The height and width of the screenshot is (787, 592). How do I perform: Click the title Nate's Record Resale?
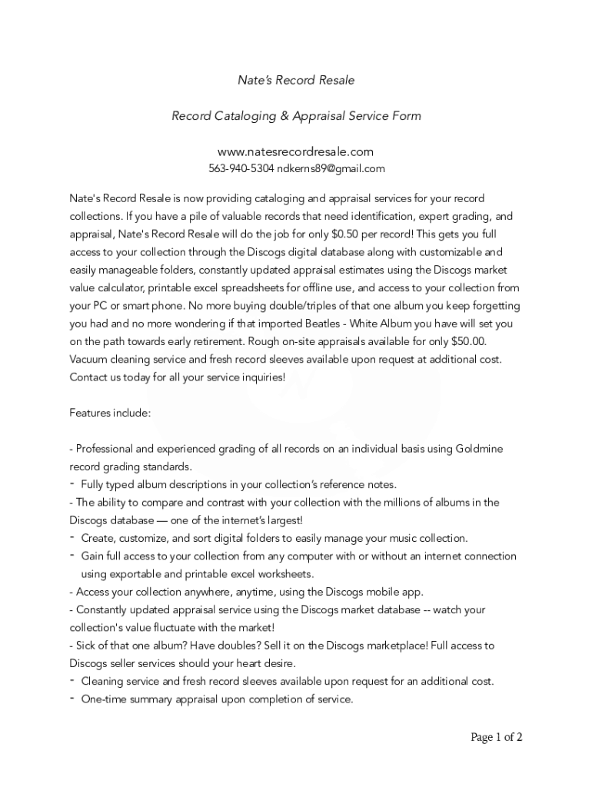point(296,80)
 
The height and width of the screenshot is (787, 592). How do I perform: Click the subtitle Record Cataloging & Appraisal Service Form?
point(296,116)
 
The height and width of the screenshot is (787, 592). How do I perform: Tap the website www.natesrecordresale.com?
point(296,152)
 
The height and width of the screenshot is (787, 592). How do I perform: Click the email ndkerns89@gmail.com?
point(331,169)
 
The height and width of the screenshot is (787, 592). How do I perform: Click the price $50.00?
point(468,341)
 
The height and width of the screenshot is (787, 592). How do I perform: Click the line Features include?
point(110,413)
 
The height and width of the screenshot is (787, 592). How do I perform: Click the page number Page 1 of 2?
point(497,737)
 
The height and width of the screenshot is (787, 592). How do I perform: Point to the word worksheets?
point(288,574)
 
